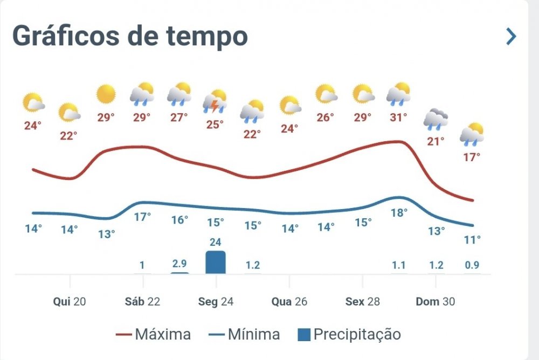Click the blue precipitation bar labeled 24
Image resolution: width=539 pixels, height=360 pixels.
pos(216,262)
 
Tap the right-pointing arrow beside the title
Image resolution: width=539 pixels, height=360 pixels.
pos(510,37)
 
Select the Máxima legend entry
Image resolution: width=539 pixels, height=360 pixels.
pos(154,335)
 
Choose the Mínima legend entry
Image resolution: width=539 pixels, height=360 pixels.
pos(244,335)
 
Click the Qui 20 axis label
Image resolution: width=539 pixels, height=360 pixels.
pos(70,302)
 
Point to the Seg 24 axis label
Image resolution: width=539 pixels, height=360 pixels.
pos(216,302)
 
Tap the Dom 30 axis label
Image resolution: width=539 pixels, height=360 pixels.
pos(435,302)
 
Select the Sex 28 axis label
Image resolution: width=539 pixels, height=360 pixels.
pos(362,302)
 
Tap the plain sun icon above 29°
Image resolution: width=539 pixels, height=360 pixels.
pos(106,94)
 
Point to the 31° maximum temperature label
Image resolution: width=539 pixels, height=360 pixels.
pos(398,117)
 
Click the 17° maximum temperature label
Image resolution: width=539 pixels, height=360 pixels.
pos(472,157)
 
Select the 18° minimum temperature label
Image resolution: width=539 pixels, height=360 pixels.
pos(398,213)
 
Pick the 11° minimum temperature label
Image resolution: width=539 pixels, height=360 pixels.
pos(472,240)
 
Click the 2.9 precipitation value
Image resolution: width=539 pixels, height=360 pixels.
pos(179,264)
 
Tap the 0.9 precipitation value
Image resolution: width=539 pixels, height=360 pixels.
pos(472,265)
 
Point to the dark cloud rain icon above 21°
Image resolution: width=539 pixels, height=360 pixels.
pos(436,120)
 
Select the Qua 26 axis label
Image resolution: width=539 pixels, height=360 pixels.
pos(289,302)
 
